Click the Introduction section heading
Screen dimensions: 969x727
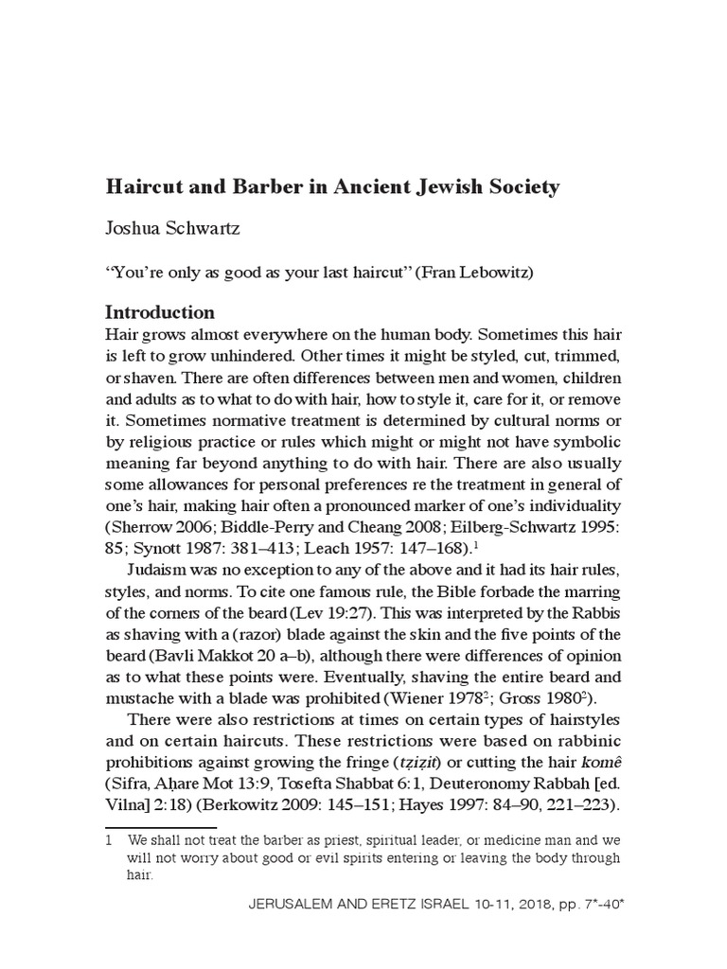point(159,312)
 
